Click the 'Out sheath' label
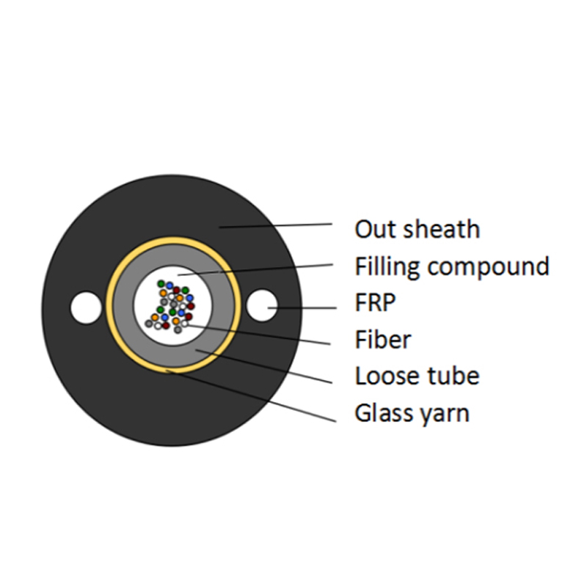click(417, 229)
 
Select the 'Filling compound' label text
click(452, 267)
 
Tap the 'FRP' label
click(375, 302)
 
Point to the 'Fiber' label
click(382, 339)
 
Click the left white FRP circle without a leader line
click(86, 307)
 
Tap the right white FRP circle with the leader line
click(262, 305)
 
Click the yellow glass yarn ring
click(109, 305)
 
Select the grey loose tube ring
click(123, 305)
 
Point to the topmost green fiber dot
click(161, 284)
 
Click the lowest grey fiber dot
click(178, 329)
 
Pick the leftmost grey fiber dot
click(149, 324)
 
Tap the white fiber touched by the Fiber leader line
click(185, 324)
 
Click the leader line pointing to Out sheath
click(276, 225)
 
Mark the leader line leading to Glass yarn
click(251, 396)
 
